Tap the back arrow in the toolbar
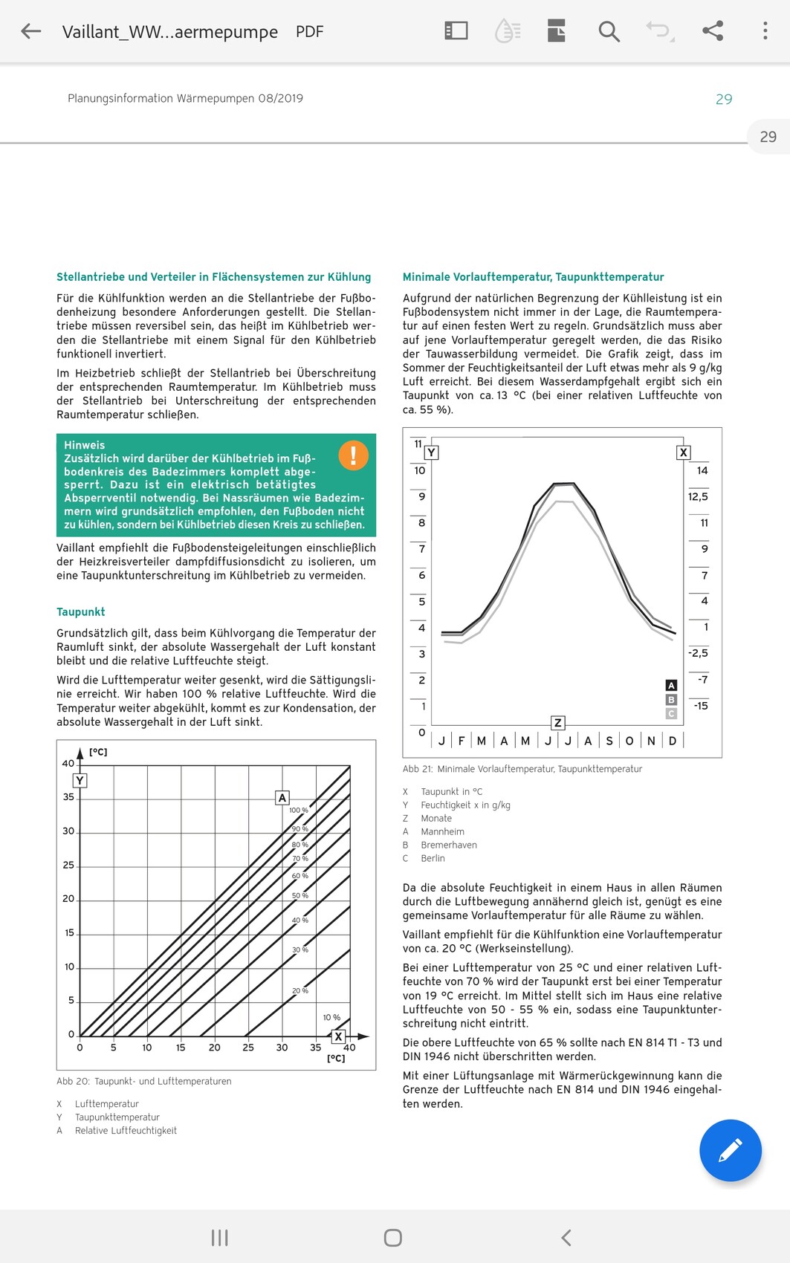(30, 31)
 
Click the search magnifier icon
(609, 31)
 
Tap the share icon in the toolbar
(713, 31)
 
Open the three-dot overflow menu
(765, 31)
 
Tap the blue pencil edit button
(730, 1150)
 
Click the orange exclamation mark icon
(353, 455)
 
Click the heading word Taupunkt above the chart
(80, 611)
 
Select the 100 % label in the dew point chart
(299, 810)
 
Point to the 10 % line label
(331, 1017)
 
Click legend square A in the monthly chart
(671, 686)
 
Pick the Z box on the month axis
(558, 723)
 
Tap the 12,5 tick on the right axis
(698, 496)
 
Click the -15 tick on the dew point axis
(701, 705)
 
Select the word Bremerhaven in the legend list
(449, 845)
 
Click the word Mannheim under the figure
(442, 831)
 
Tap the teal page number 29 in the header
(724, 99)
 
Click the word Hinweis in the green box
(84, 445)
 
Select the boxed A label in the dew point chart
(282, 797)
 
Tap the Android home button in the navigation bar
(393, 1237)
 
